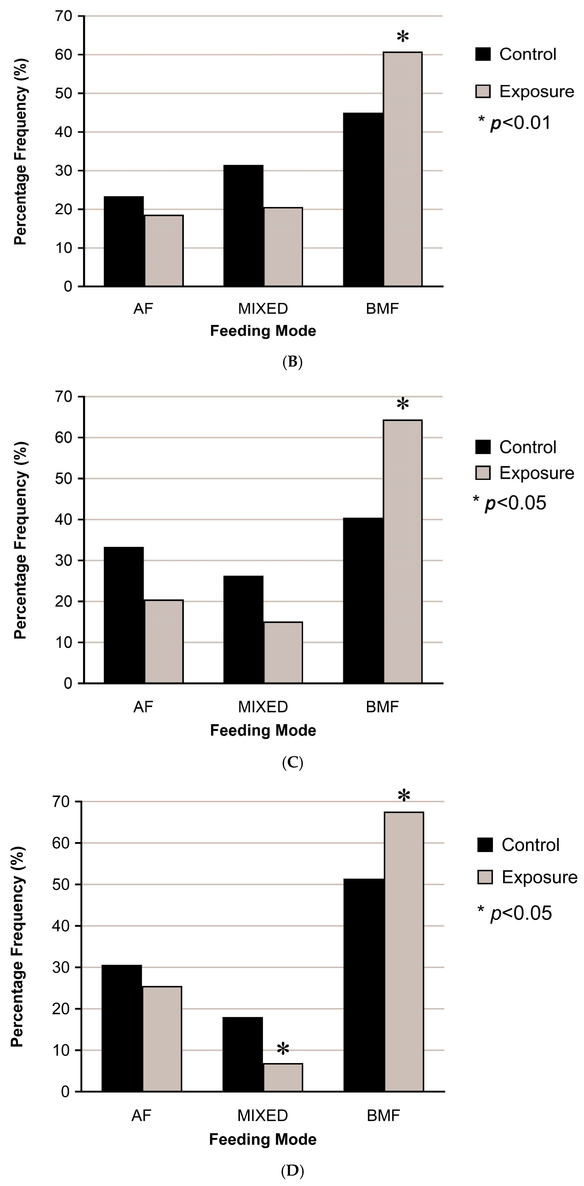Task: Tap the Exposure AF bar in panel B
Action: [x=164, y=250]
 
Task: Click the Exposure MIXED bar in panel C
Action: [x=283, y=652]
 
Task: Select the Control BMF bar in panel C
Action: [x=363, y=600]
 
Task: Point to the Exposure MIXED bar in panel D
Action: [x=283, y=1077]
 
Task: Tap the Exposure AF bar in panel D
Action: [x=162, y=1039]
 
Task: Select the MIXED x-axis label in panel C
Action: [x=263, y=707]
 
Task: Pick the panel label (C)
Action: [x=292, y=763]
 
